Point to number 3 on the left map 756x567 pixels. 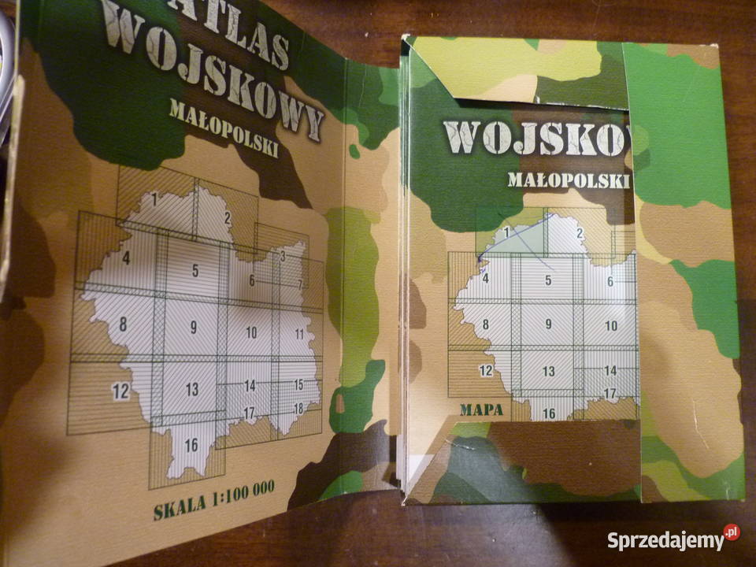281,257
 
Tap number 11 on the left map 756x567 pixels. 299,334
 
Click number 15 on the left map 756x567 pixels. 298,384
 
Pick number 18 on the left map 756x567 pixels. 298,407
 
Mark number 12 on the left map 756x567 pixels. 120,389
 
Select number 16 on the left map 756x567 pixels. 191,445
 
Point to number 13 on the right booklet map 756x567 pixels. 549,371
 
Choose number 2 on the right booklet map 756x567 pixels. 580,233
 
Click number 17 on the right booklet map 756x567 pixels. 610,392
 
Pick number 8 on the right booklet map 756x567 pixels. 486,323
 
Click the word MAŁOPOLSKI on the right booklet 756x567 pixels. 569,180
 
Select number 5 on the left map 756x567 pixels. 195,271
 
